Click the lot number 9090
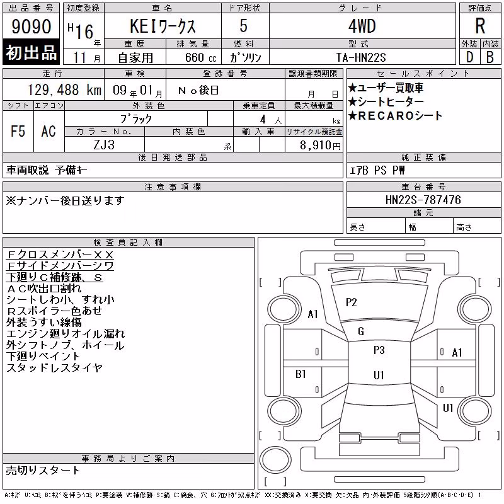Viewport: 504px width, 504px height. point(31,26)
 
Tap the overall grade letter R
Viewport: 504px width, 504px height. point(480,26)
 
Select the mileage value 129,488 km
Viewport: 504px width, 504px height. point(64,90)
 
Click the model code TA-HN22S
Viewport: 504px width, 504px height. point(361,57)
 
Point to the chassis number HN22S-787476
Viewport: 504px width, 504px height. point(423,200)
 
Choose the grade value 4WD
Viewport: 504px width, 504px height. point(362,26)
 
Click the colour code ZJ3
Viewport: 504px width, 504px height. point(104,145)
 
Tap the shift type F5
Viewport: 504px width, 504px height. point(18,131)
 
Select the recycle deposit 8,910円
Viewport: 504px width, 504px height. point(320,146)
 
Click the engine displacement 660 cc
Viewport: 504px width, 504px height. point(200,57)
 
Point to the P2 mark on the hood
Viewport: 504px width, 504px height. point(352,302)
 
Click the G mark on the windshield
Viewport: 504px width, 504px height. point(361,331)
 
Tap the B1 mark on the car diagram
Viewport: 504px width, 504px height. point(301,374)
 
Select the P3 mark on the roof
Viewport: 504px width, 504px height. point(379,350)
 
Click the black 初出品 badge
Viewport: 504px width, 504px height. point(31,52)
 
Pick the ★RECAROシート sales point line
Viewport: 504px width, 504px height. point(395,116)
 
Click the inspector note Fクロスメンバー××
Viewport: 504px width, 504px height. point(60,255)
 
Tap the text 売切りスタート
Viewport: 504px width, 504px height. point(43,471)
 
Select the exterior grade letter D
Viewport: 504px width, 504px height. point(469,57)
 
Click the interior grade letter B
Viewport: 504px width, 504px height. point(490,57)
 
